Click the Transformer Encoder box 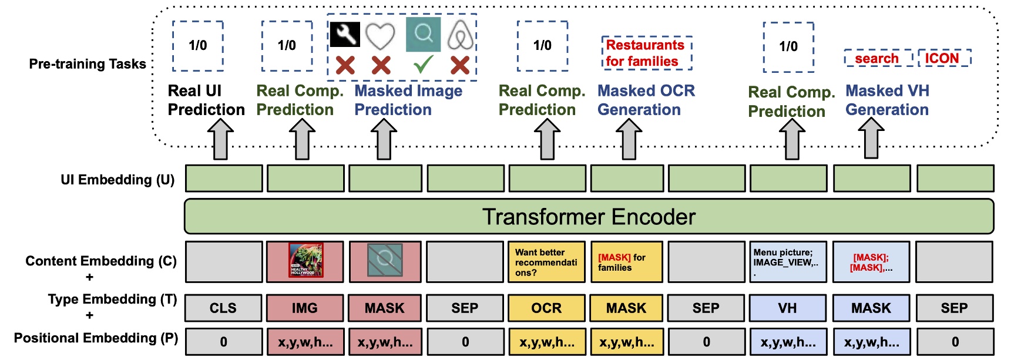click(589, 217)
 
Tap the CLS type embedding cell click(223, 308)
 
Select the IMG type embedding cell click(304, 308)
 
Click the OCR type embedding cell click(546, 308)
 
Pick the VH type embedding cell click(787, 308)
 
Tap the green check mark click(424, 64)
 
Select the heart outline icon click(380, 36)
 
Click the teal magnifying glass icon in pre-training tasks click(423, 35)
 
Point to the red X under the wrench click(345, 65)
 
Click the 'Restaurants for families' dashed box click(646, 53)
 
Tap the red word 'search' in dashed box click(876, 58)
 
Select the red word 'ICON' click(942, 58)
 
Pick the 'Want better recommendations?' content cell click(546, 262)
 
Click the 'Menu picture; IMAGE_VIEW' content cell click(787, 262)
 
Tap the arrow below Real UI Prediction click(221, 139)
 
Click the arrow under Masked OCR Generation click(629, 139)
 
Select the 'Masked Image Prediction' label click(408, 100)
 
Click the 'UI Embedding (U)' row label click(117, 180)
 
